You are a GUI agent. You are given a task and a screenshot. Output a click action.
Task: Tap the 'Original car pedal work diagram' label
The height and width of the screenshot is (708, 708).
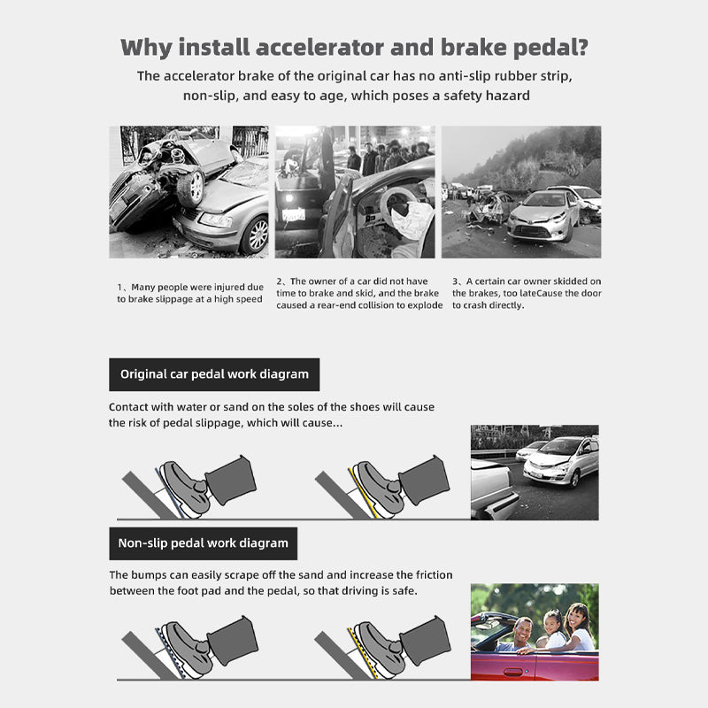click(x=214, y=374)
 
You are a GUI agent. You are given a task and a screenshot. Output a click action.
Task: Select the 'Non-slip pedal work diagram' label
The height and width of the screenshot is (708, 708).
click(x=204, y=543)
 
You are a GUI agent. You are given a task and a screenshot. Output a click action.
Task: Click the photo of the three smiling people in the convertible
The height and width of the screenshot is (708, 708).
click(x=534, y=631)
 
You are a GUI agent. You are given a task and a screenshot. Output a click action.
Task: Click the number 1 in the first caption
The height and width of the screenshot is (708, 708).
click(x=120, y=287)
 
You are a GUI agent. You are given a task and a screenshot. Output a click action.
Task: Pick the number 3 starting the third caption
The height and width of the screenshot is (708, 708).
click(x=456, y=281)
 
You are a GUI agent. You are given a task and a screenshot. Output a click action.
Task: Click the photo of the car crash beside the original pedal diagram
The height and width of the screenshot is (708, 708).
click(x=534, y=472)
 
